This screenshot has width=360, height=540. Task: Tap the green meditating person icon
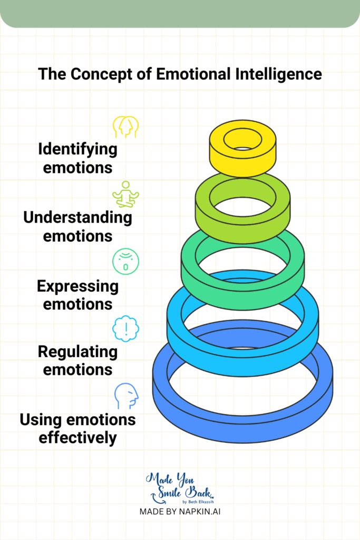click(126, 194)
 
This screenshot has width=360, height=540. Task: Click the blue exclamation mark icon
click(126, 329)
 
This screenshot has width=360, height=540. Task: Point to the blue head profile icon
click(127, 396)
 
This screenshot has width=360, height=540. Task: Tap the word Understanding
click(77, 217)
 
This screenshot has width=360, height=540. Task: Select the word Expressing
click(77, 286)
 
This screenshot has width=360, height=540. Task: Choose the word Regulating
click(77, 351)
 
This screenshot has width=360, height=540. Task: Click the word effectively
click(77, 438)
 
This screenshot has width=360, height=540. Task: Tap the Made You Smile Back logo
click(180, 488)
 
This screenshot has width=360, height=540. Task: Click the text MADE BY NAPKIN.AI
click(180, 512)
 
